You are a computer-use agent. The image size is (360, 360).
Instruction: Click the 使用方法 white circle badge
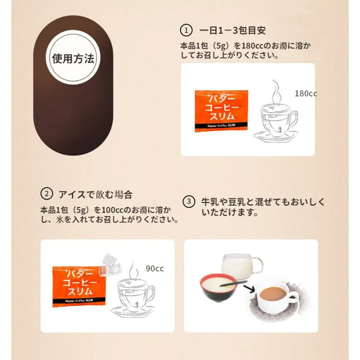[73, 58]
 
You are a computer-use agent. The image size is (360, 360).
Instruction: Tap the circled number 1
[186, 30]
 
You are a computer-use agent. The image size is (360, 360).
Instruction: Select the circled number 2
[47, 194]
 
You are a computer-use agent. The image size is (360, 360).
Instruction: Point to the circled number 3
[189, 202]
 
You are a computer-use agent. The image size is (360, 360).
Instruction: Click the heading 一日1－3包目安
[232, 30]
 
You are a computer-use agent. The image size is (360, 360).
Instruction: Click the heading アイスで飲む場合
[96, 194]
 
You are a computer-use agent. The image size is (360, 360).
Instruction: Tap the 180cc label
[305, 94]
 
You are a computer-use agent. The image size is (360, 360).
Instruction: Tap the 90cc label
[155, 268]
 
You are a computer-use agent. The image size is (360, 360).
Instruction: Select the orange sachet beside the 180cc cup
[221, 111]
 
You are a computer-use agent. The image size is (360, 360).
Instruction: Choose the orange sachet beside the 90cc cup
[79, 286]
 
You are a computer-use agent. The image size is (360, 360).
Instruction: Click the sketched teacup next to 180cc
[276, 122]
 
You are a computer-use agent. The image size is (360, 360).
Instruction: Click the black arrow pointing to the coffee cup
[249, 289]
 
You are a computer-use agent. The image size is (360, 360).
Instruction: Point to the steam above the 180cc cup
[276, 93]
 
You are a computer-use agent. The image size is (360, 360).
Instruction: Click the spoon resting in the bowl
[233, 283]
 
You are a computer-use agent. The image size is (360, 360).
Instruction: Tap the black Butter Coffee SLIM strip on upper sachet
[221, 125]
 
